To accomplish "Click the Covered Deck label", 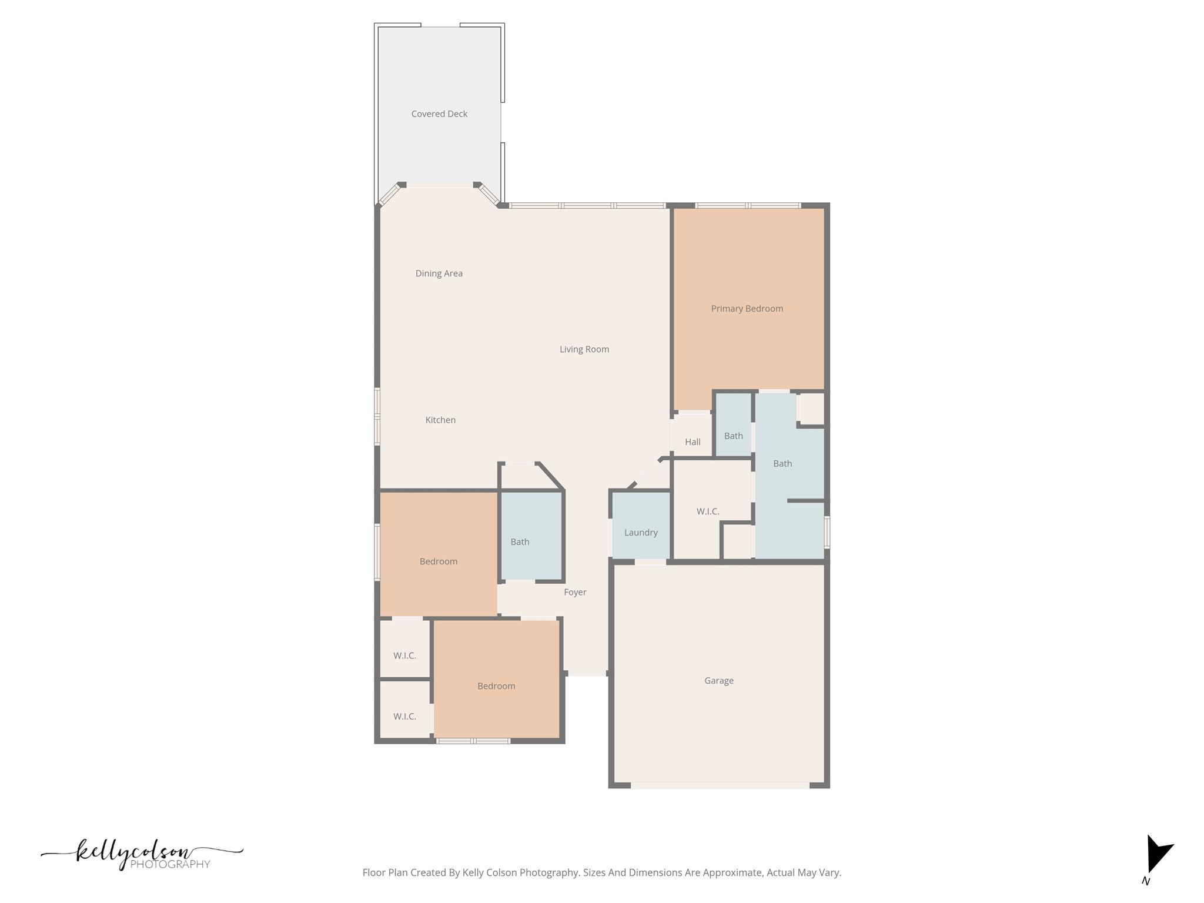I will (439, 114).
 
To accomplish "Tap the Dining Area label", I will (439, 273).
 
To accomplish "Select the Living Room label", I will (584, 349).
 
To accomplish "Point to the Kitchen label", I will (440, 420).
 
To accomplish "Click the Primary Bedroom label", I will (747, 309).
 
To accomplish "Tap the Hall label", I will (692, 442).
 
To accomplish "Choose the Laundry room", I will (640, 532).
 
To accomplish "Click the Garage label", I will (718, 681).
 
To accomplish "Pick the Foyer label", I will (574, 592).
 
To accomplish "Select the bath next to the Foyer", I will (520, 541).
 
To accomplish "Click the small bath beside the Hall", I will (733, 436).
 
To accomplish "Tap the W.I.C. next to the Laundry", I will (707, 511).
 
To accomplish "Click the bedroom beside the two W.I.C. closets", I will (496, 686).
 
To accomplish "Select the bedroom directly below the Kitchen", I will (438, 561).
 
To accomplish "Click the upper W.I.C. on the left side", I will (404, 655).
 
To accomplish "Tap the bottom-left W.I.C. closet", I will (404, 717).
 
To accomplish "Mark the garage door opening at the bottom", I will (720, 785).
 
